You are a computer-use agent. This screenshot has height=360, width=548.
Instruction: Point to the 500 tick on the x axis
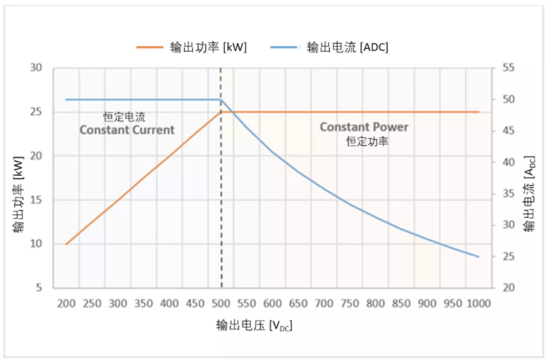click(220, 303)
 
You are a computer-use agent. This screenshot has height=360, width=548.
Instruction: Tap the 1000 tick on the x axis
click(478, 303)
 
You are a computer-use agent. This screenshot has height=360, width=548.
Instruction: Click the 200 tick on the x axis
click(66, 303)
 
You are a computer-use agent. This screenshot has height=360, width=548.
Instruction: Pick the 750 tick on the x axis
click(349, 303)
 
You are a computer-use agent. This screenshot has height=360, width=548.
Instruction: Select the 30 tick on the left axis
click(36, 68)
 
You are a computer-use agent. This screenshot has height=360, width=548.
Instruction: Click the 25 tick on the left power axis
click(36, 112)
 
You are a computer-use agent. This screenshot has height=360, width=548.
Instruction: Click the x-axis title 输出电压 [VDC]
click(254, 326)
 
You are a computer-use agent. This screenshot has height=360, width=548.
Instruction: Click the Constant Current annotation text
click(126, 130)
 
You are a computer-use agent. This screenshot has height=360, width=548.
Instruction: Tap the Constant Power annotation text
click(363, 127)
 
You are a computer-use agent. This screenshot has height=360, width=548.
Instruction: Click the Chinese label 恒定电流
click(124, 116)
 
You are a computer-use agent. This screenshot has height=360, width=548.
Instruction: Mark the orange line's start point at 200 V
click(66, 244)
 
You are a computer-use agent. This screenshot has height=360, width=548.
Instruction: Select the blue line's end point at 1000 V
click(478, 257)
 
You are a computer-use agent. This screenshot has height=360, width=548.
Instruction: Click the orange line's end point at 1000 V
click(478, 112)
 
